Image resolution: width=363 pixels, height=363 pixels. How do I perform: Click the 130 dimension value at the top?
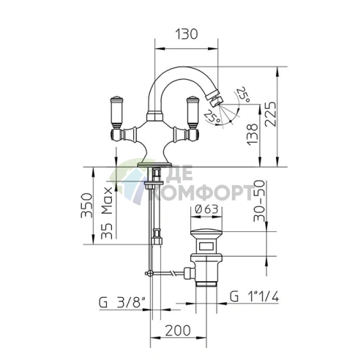coord(187,34)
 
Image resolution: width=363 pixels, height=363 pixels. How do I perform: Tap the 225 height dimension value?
coord(271,113)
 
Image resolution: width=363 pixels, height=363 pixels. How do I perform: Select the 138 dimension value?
coord(252,135)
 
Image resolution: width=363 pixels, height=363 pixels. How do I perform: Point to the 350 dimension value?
coord(87,206)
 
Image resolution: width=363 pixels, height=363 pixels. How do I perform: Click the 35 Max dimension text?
coord(107,213)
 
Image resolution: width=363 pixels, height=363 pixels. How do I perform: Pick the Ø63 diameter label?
coord(206,209)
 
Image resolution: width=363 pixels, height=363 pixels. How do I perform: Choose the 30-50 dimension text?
coord(259,201)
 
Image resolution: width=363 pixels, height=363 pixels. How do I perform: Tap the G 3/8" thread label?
coord(122,303)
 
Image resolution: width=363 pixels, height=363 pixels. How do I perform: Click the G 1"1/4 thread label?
coord(254,297)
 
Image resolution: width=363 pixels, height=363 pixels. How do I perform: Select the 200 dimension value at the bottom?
coord(178,331)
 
